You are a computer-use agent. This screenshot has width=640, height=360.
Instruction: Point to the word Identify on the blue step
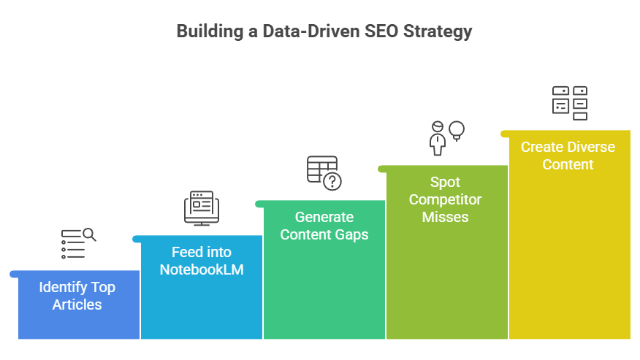[x=61, y=287]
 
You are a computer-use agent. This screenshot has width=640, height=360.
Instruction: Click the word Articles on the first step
[x=77, y=305]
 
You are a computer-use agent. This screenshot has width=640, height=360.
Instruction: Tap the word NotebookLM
[x=202, y=269]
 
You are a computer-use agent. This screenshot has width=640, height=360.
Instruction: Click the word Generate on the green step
[x=324, y=217]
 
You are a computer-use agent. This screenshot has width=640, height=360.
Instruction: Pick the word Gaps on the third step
[x=352, y=234]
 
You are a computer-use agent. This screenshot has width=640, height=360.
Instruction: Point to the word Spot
[x=445, y=182]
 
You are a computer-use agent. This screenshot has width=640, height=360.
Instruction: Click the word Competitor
[x=445, y=199]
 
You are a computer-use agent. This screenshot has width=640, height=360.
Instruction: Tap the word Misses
[x=445, y=217]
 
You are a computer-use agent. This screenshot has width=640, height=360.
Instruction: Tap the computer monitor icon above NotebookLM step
[x=201, y=208]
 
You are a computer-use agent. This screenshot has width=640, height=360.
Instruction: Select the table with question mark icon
[x=324, y=173]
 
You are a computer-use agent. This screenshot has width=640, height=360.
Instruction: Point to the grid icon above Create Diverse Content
[x=570, y=103]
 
